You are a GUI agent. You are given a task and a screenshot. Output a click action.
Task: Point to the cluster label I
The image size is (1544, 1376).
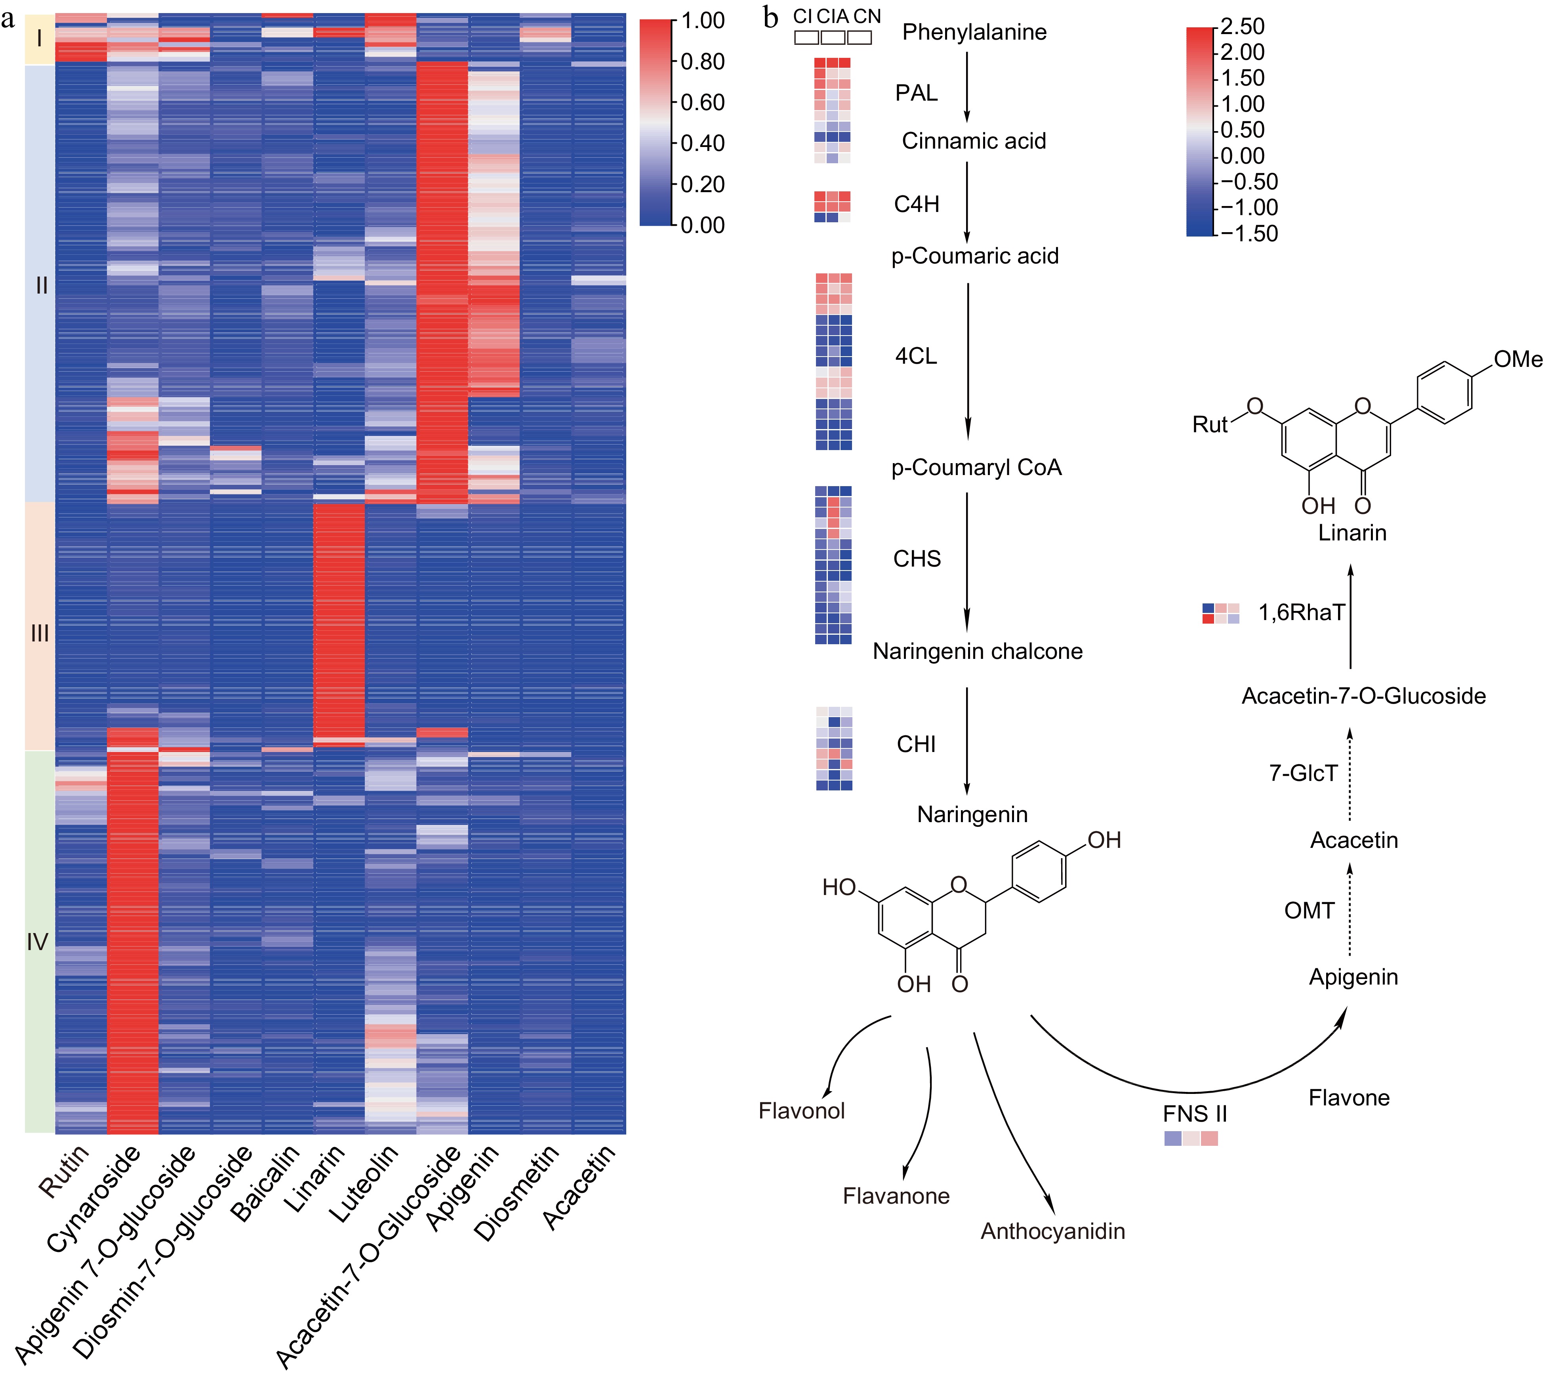pyautogui.click(x=39, y=38)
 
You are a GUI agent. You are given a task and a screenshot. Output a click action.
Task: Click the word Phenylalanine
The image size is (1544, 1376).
pyautogui.click(x=974, y=32)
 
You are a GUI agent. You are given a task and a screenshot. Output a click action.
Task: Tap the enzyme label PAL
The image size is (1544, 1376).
pyautogui.click(x=916, y=93)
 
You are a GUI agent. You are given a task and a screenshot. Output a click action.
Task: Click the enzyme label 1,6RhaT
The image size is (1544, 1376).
pyautogui.click(x=1302, y=613)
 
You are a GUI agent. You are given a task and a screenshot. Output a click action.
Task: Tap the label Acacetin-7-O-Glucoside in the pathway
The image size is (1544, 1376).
pyautogui.click(x=1363, y=696)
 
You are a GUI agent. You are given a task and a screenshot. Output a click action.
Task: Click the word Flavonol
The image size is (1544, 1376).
pyautogui.click(x=801, y=1111)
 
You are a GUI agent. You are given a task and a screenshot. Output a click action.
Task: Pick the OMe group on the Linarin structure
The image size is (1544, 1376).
pyautogui.click(x=1517, y=359)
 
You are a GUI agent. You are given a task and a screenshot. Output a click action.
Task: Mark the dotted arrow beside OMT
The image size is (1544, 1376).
pyautogui.click(x=1350, y=911)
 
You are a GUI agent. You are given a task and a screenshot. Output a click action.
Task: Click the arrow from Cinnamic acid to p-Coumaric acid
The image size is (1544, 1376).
pyautogui.click(x=966, y=202)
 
